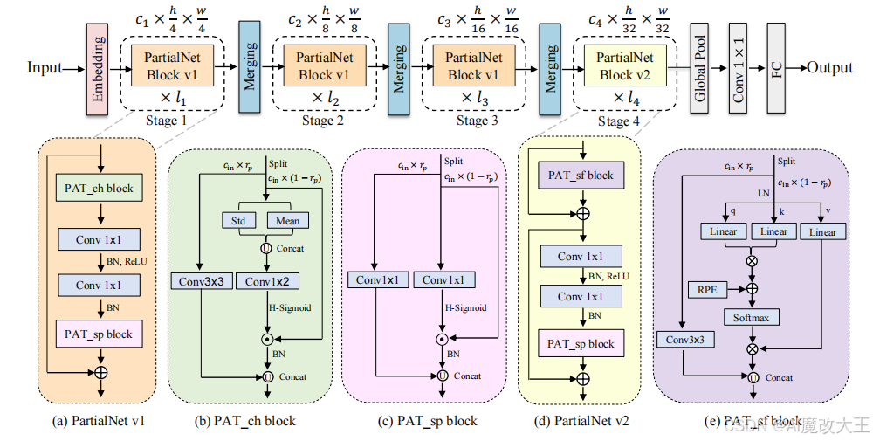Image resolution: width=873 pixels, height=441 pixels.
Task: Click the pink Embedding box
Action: (x=98, y=68)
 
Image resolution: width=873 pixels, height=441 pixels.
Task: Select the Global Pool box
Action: (x=698, y=68)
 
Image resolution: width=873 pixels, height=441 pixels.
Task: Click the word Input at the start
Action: (x=45, y=68)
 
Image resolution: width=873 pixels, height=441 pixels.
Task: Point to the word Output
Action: (x=829, y=68)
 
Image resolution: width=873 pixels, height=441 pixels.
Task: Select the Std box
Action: (x=237, y=220)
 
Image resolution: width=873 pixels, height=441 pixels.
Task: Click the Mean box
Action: (x=287, y=220)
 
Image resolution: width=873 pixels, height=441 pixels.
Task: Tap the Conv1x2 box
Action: (x=272, y=281)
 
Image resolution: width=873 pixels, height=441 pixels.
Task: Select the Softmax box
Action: (x=751, y=317)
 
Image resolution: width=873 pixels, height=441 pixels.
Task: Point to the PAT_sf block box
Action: (x=581, y=175)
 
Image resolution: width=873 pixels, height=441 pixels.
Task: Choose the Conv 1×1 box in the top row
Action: (x=739, y=68)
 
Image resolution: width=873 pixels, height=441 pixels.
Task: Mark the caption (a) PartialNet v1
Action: (x=99, y=421)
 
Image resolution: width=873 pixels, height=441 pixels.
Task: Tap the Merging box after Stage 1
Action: (x=250, y=68)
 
